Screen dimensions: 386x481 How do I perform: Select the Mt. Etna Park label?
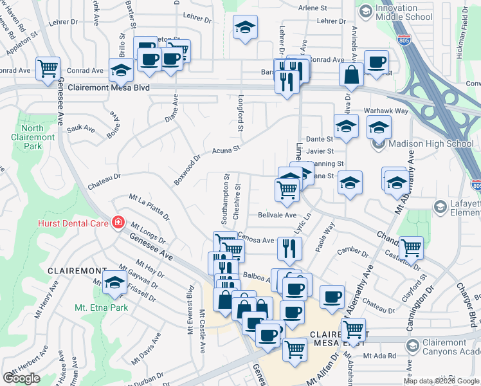(x=101, y=308)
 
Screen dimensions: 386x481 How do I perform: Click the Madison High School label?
(x=427, y=143)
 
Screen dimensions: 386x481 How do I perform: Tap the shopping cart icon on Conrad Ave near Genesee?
(x=48, y=68)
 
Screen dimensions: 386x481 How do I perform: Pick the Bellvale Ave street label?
(x=277, y=215)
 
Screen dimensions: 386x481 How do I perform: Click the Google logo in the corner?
(x=21, y=378)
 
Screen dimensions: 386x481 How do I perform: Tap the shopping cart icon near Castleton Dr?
(x=411, y=247)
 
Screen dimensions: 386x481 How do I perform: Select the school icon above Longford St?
(x=244, y=28)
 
